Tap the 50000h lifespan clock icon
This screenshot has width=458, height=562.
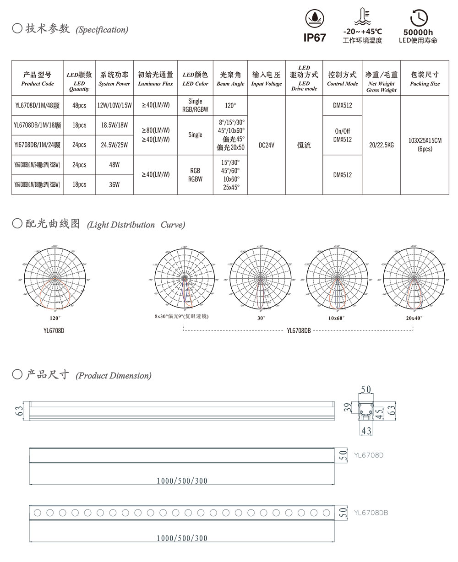point(418,18)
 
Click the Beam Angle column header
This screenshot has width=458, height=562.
point(230,78)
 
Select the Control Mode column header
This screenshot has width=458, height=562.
point(342,78)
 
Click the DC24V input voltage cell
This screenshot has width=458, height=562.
point(266,145)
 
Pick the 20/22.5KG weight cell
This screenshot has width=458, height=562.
point(381,145)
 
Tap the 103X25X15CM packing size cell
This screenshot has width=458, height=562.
point(425,145)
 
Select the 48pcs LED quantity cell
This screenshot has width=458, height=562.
point(79,105)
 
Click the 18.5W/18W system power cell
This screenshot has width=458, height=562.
point(114,125)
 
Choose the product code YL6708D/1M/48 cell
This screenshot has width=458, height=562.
point(38,105)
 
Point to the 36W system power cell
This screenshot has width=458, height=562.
point(114,184)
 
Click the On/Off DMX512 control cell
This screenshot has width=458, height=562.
point(342,135)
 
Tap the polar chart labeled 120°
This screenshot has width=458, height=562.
point(55,279)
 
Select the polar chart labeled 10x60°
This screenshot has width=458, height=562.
point(336,279)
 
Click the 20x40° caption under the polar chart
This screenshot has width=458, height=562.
point(414,318)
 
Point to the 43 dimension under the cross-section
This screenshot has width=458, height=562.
point(366,430)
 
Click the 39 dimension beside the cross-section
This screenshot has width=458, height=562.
point(348,408)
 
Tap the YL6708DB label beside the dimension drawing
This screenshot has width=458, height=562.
point(371,513)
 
